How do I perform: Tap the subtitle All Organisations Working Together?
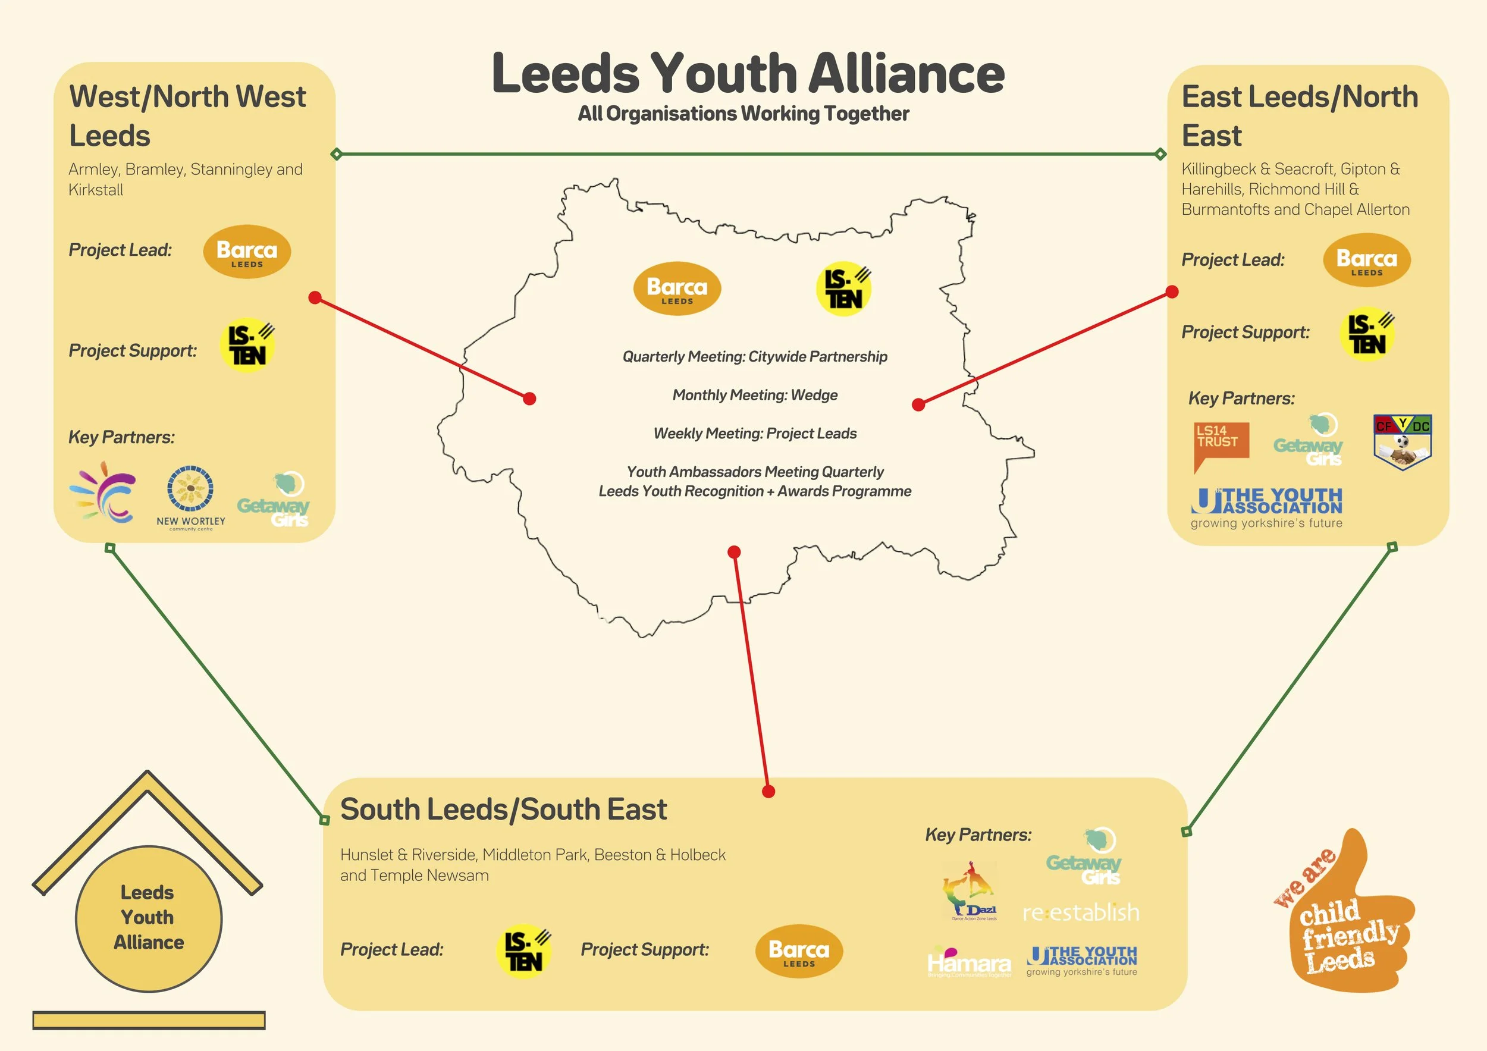click(743, 114)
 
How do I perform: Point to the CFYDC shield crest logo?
click(1402, 442)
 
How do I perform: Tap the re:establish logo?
click(1080, 912)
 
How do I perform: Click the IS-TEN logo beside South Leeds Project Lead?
click(524, 950)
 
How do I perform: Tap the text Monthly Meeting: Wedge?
click(755, 395)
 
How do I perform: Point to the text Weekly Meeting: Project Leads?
click(755, 433)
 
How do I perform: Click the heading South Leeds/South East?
click(503, 810)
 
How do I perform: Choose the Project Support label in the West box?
click(133, 350)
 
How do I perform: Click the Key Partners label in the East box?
click(1241, 399)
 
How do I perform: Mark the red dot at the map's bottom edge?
click(734, 552)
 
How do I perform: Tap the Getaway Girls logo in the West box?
click(274, 500)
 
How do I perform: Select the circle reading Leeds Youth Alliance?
click(148, 918)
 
